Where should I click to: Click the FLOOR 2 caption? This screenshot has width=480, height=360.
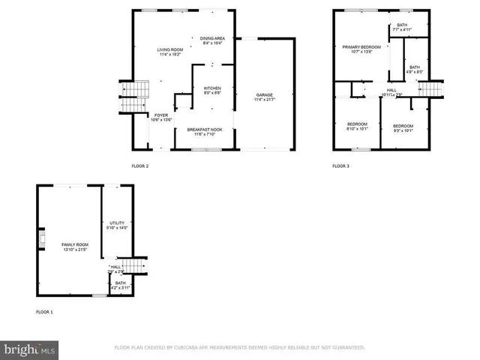coord(140,166)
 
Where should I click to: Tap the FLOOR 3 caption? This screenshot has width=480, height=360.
coord(341,166)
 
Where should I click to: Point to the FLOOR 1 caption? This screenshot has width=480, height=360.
coord(44,310)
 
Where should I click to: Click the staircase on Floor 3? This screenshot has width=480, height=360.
coord(430,90)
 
